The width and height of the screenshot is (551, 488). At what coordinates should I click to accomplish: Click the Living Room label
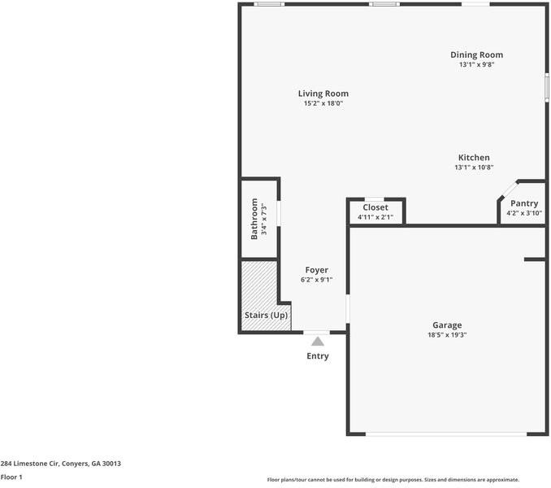click(x=323, y=94)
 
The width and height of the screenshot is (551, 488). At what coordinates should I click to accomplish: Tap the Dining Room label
click(x=476, y=54)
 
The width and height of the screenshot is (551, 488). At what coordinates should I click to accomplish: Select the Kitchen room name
click(x=474, y=157)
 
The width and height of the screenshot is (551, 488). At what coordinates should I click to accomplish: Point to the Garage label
click(x=447, y=325)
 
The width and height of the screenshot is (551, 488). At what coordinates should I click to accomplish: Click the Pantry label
click(x=523, y=203)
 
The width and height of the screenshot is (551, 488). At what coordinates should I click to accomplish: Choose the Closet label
click(x=375, y=207)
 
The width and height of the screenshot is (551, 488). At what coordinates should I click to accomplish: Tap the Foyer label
click(x=316, y=270)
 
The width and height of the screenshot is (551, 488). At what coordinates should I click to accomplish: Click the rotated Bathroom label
click(x=254, y=218)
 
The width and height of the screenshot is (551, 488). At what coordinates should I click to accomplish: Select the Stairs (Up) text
click(x=266, y=315)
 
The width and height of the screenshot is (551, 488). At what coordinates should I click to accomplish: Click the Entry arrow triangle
click(x=317, y=342)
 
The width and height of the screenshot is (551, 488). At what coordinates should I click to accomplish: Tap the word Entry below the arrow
click(x=317, y=356)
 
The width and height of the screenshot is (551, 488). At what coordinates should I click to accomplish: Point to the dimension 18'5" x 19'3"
click(x=447, y=335)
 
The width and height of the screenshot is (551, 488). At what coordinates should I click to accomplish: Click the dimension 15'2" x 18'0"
click(x=323, y=104)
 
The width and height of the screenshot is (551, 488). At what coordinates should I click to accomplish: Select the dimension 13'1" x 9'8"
click(x=476, y=64)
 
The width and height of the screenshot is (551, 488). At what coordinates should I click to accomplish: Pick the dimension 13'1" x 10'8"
click(x=474, y=168)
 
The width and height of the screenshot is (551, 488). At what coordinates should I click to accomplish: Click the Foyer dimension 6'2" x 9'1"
click(x=316, y=280)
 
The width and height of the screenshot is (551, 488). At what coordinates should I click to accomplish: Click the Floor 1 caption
click(x=11, y=477)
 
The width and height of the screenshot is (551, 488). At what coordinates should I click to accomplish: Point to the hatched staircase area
click(x=259, y=285)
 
